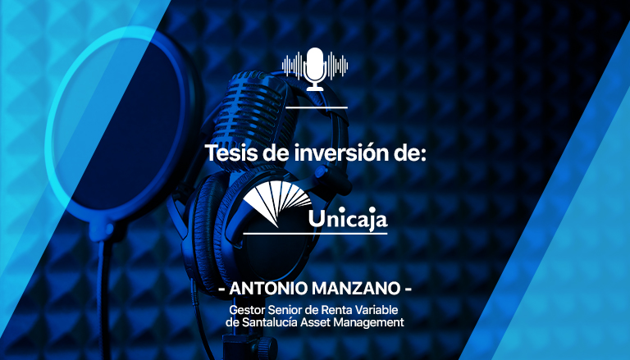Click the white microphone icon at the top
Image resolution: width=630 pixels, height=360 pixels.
pyautogui.click(x=315, y=69)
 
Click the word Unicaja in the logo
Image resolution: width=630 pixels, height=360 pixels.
pyautogui.click(x=348, y=219)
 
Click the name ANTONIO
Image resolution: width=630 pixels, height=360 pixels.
pyautogui.click(x=268, y=289)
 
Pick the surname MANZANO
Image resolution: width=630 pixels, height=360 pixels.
pyautogui.click(x=356, y=289)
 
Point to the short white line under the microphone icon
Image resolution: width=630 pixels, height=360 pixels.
pyautogui.click(x=317, y=107)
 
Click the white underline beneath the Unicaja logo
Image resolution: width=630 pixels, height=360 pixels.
pyautogui.click(x=315, y=233)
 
